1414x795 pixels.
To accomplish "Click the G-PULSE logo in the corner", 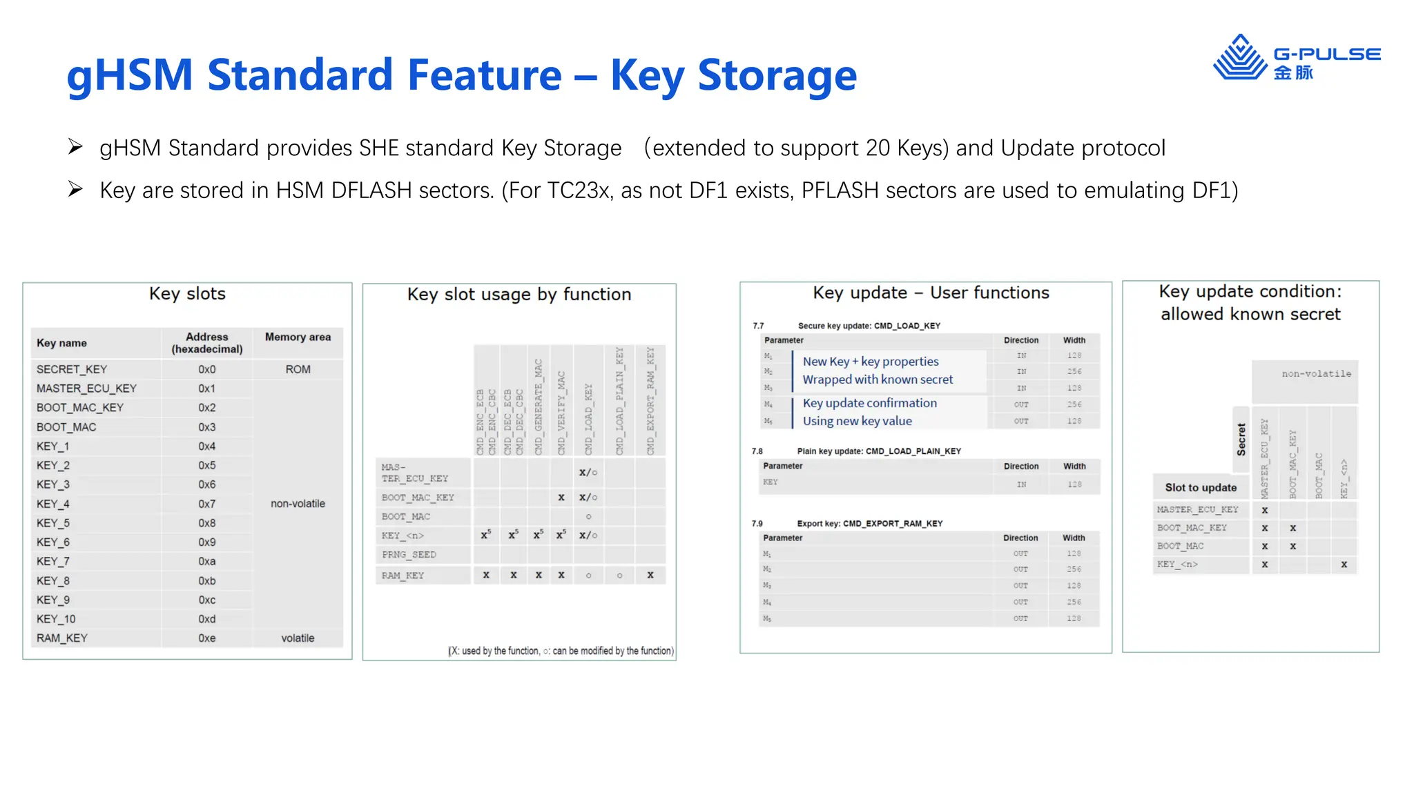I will pos(1296,58).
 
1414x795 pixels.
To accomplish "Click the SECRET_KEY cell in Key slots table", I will pos(72,369).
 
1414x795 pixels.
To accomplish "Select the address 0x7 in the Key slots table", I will pos(207,504).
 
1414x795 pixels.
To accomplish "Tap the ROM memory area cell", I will pos(298,369).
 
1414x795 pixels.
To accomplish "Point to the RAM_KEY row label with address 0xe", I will pos(62,638).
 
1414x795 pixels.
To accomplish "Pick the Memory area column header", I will pos(298,337).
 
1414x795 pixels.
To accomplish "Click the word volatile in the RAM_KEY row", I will pos(298,638).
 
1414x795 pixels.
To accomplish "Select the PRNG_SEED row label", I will pos(409,555).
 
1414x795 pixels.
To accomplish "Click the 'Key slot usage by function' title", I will pos(519,295).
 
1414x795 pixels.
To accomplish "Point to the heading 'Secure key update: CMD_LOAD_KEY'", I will pos(869,326).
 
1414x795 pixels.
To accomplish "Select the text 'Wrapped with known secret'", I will pos(878,380).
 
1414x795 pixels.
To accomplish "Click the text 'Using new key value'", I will pos(857,421).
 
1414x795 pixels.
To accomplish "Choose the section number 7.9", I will pos(757,524).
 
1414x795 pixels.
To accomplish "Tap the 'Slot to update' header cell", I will pos(1201,487).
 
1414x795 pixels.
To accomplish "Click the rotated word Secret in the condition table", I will pos(1241,440).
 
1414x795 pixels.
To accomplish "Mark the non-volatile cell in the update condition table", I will pos(1316,374).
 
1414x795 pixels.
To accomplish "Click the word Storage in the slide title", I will pos(777,75).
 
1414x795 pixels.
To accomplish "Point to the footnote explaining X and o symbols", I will pos(561,651).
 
